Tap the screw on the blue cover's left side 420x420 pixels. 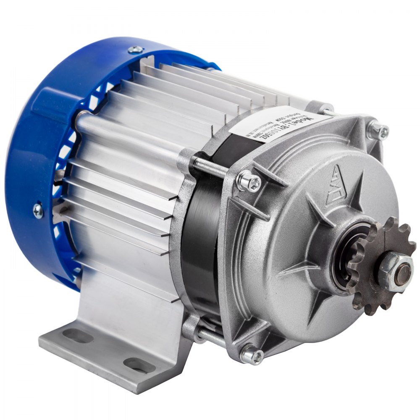38,209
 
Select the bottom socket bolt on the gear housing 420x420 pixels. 252,356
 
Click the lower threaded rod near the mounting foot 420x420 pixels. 210,336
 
